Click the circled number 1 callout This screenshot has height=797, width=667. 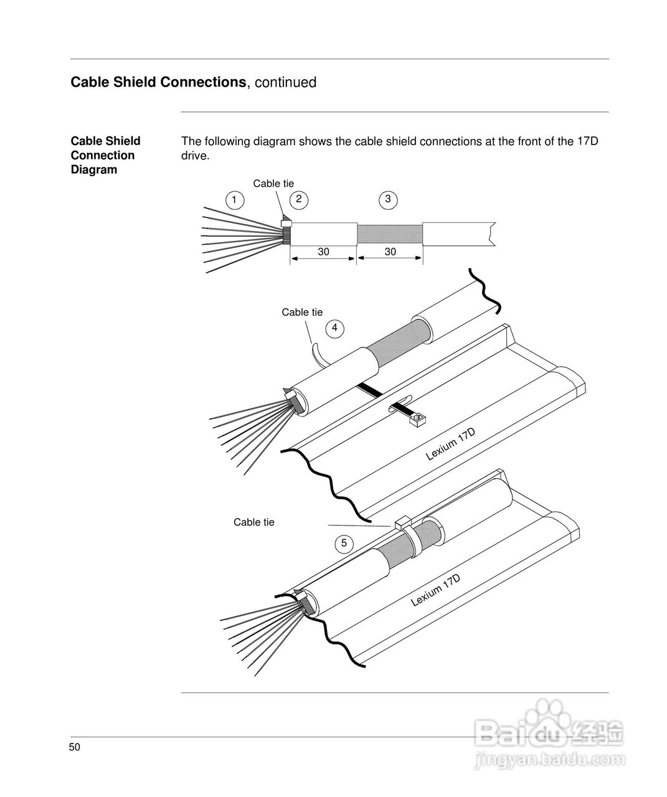(x=234, y=200)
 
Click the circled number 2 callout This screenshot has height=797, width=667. (x=299, y=199)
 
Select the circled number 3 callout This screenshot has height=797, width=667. (x=388, y=199)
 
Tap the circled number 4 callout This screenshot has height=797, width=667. (x=335, y=328)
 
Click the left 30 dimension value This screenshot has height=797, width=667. (x=323, y=252)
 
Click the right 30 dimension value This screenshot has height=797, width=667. (x=390, y=252)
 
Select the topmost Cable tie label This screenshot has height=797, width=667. (x=273, y=183)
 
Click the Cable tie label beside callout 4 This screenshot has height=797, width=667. (x=302, y=312)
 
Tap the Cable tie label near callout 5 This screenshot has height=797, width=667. (x=253, y=522)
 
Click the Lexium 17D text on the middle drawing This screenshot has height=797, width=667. (x=450, y=445)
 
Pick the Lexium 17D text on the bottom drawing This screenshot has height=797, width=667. (x=435, y=590)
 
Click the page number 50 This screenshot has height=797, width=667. (x=75, y=748)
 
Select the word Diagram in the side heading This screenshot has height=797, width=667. (x=93, y=170)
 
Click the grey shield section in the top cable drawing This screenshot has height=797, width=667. (x=389, y=233)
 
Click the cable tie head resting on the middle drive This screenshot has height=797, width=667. (x=416, y=421)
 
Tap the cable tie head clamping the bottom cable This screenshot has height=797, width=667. (x=400, y=522)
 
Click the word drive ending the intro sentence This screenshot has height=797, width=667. (x=194, y=156)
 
